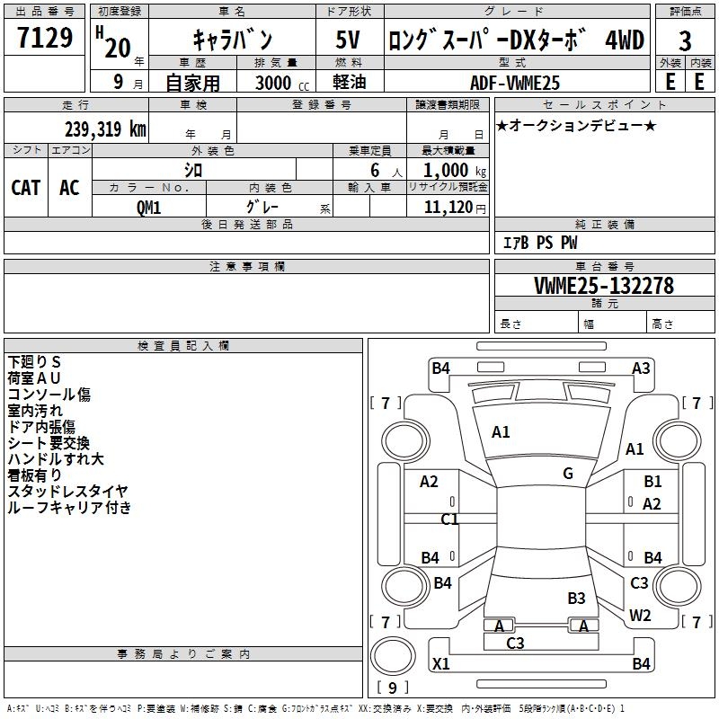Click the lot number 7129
[x=44, y=38]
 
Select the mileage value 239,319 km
[x=105, y=129]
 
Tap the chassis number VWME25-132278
[x=604, y=286]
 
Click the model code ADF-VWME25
[x=515, y=83]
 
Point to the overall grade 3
[x=685, y=41]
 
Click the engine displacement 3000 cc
[x=282, y=83]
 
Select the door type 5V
[x=348, y=40]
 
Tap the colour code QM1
[x=148, y=208]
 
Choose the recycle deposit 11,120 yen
[x=455, y=208]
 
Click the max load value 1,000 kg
[x=454, y=171]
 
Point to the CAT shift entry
[x=26, y=188]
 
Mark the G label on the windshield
[x=568, y=474]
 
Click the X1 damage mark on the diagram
[x=441, y=663]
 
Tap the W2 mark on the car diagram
[x=640, y=616]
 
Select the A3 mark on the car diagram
[x=641, y=368]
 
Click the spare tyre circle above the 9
[x=393, y=656]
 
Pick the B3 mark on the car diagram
[x=576, y=599]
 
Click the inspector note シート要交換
[x=49, y=443]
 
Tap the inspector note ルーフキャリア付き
[x=70, y=507]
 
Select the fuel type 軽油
[x=350, y=82]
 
